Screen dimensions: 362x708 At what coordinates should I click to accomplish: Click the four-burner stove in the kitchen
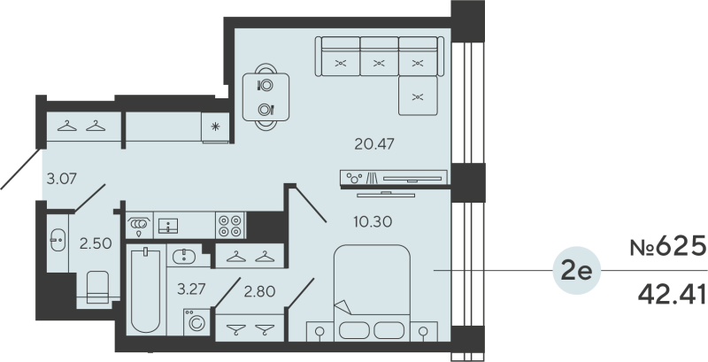tap(231, 225)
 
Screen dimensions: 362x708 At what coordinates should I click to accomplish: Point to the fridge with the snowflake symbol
tap(216, 127)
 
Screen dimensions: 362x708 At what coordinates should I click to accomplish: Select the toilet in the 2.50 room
tap(96, 286)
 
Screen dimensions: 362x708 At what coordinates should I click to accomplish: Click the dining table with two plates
tap(265, 96)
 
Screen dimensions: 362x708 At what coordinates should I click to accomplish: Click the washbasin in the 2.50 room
tap(58, 239)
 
